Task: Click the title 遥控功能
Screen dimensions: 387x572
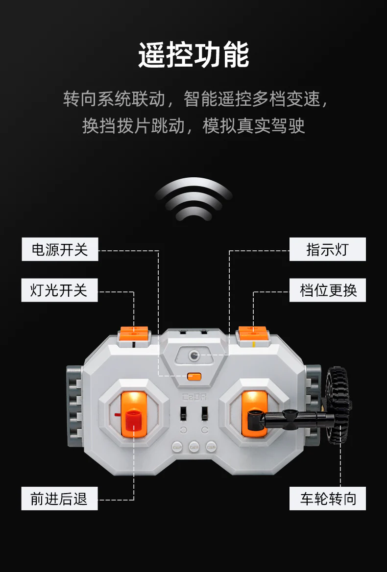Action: [193, 55]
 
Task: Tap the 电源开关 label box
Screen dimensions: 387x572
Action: [60, 250]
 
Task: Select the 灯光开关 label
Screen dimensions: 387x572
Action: [59, 290]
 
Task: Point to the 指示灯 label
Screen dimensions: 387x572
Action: [328, 250]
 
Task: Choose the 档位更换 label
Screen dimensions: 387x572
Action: [328, 290]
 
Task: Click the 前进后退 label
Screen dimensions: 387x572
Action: [59, 499]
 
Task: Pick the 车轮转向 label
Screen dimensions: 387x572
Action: [328, 499]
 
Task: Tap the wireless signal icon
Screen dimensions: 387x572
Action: [193, 199]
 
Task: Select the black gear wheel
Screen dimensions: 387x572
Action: [338, 405]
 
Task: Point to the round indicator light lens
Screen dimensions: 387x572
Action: [193, 355]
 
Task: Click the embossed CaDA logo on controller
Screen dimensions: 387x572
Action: [194, 397]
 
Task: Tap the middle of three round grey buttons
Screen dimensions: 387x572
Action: [194, 447]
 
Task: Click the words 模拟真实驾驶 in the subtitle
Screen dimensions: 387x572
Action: [253, 126]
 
